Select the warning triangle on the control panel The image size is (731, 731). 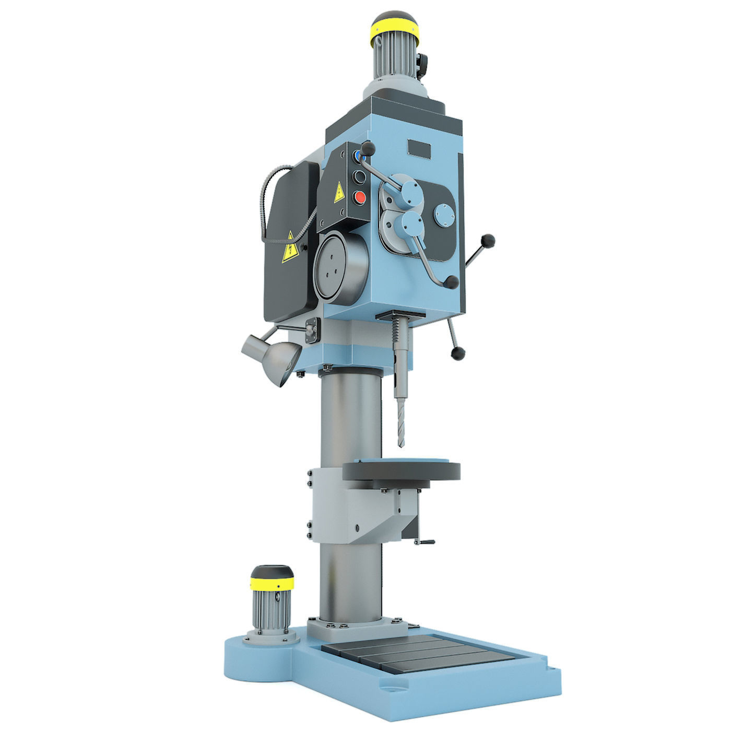[x=338, y=193]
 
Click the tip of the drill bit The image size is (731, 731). [x=401, y=445]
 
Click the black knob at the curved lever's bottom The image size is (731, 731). [x=452, y=283]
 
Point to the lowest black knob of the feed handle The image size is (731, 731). [x=458, y=353]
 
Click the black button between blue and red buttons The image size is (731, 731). [x=359, y=177]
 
